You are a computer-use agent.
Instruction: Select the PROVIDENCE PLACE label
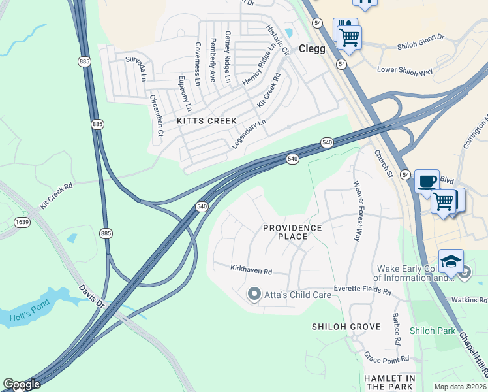[292, 232]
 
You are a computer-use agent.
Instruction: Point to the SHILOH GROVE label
[346, 327]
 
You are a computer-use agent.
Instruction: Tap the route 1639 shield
[22, 222]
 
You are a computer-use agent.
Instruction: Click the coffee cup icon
[427, 181]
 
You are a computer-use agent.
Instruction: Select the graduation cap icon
[451, 261]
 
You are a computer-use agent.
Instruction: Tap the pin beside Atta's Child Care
[254, 295]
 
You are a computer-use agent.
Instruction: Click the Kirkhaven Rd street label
[251, 269]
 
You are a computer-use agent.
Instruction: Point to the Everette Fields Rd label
[362, 291]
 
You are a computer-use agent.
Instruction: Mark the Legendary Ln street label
[250, 134]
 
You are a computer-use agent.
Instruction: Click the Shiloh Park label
[432, 331]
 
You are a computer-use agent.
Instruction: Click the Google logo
[22, 384]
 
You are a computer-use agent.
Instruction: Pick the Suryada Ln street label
[136, 69]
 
